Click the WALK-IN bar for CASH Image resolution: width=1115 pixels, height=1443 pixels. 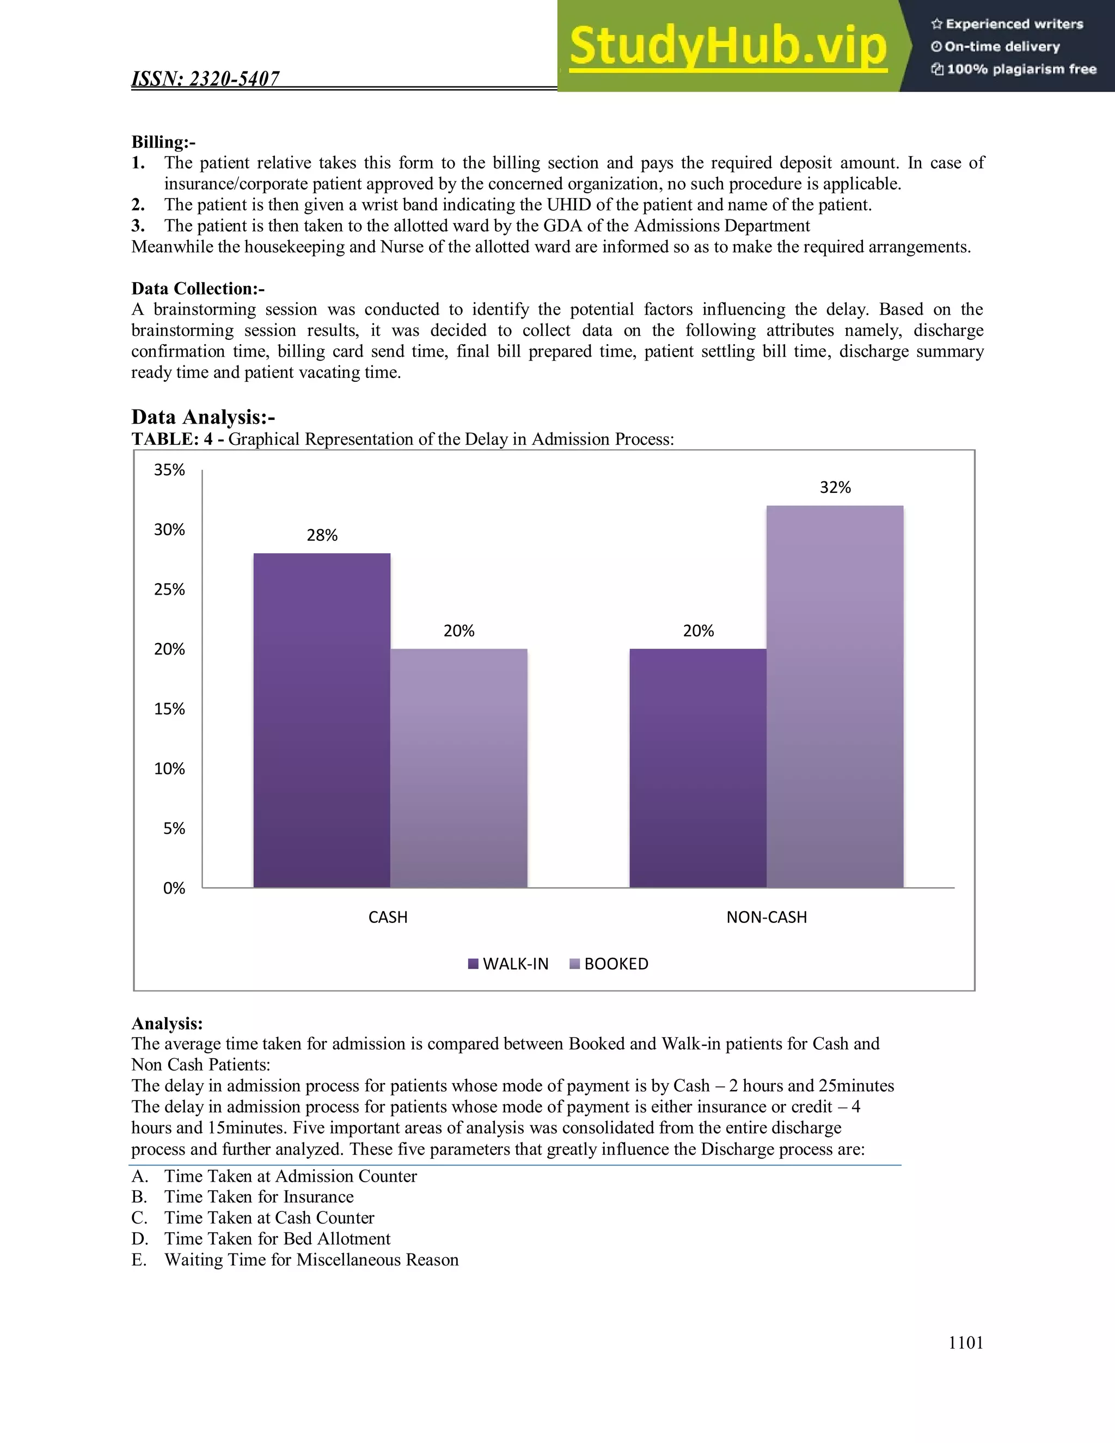pos(322,720)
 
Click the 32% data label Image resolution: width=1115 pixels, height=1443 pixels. pos(835,487)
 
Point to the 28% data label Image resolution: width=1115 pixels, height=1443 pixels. pos(322,535)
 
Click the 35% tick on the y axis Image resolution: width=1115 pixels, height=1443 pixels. pos(169,470)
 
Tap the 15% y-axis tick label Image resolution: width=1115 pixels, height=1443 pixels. pos(169,709)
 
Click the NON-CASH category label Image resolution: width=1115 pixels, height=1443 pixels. pos(766,917)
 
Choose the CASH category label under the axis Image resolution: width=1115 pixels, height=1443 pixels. pos(388,917)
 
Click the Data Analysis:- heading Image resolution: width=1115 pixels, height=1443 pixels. pos(203,417)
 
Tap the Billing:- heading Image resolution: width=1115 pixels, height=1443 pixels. pos(163,142)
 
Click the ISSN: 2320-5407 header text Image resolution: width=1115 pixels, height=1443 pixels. pos(205,78)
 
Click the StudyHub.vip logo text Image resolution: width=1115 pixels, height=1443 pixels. pos(727,46)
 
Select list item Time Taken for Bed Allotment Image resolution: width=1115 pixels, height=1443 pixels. pos(277,1238)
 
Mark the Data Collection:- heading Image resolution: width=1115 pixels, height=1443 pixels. pos(198,289)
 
